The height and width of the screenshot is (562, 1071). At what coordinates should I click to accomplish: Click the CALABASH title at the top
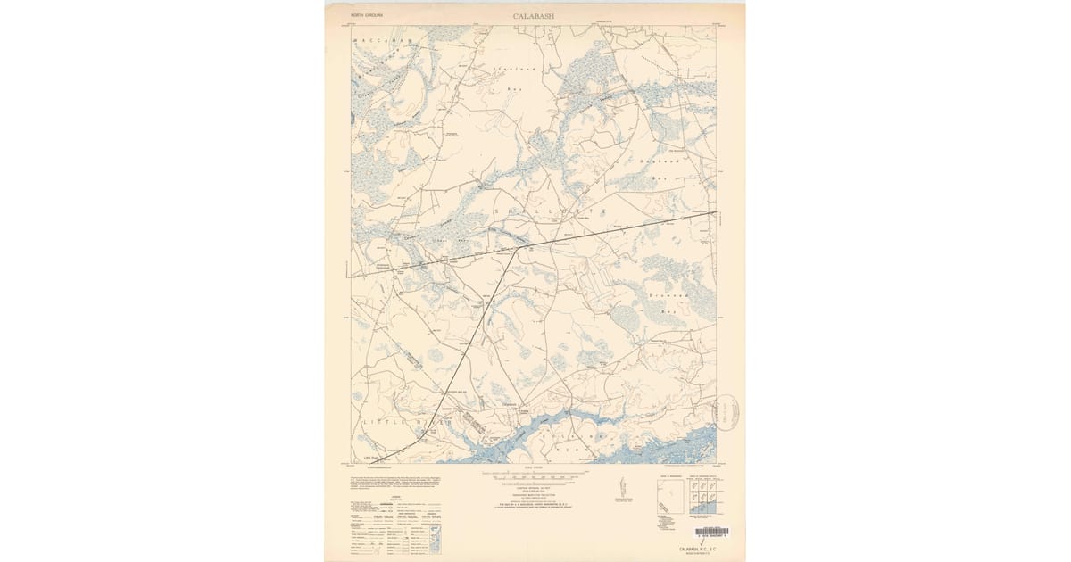pos(534,16)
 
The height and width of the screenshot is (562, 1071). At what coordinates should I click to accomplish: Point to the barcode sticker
pos(711,532)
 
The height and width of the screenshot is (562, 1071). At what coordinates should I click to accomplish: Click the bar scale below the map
pos(534,475)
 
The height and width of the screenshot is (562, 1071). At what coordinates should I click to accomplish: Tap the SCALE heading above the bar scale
pos(534,468)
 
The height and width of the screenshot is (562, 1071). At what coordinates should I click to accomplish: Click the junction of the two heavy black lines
pos(516,250)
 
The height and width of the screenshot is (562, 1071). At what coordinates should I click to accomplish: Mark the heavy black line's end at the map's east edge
pos(716,211)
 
